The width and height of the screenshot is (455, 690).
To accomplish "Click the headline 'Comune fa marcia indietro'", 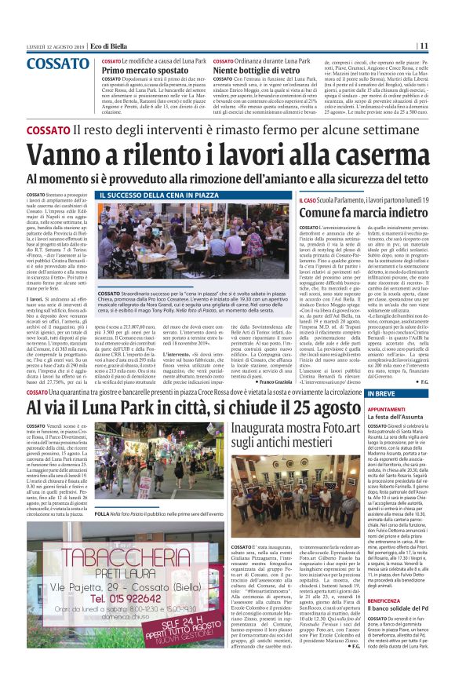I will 353,212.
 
